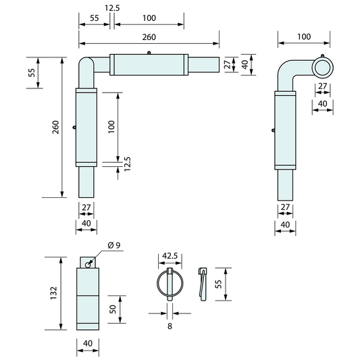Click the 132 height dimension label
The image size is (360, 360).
point(53,292)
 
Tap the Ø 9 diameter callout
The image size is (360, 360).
point(113,245)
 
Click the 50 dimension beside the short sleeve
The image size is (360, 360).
point(113,311)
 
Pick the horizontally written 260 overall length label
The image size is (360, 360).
point(149,38)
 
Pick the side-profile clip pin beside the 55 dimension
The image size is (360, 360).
point(201,284)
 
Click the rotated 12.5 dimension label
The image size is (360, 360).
point(126,164)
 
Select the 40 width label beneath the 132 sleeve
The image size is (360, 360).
point(86,343)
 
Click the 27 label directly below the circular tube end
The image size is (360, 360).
point(322,86)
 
